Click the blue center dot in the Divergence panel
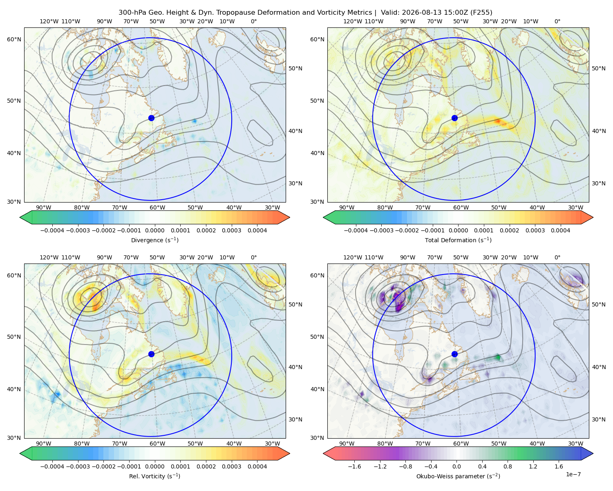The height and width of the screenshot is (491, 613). (151, 118)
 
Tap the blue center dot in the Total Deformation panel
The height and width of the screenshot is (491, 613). (454, 118)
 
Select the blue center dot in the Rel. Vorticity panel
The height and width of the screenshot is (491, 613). (151, 354)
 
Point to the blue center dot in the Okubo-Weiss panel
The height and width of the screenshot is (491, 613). (454, 354)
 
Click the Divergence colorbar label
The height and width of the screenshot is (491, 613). (154, 240)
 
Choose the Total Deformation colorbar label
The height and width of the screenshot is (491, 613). (458, 240)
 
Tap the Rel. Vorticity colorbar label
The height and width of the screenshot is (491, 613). (154, 476)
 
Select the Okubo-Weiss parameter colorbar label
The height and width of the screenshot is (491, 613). (458, 476)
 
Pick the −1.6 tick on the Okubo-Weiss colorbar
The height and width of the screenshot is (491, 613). (355, 466)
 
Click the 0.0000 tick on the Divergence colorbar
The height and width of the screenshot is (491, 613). (154, 230)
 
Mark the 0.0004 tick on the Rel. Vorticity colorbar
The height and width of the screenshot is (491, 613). (257, 466)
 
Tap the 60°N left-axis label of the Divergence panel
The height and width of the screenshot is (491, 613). (14, 39)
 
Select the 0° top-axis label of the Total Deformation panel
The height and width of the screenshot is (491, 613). (557, 21)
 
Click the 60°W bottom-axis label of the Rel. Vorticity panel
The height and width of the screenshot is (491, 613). (157, 444)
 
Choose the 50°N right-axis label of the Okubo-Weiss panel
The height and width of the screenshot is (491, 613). (598, 304)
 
